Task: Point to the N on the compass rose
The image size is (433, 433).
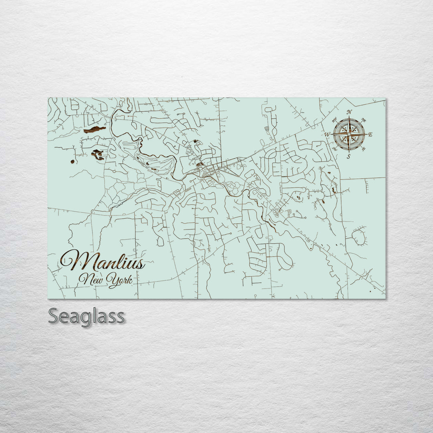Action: coord(349,112)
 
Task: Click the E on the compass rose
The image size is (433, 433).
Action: coord(370,135)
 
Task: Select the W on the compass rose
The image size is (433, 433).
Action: coord(328,134)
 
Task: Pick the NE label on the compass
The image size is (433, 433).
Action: coord(364,119)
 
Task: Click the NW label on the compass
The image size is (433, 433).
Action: coord(334,119)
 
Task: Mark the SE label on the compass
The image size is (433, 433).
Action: coord(364,149)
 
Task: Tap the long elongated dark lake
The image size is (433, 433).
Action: coord(95,129)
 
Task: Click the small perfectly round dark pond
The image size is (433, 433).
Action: coord(72,161)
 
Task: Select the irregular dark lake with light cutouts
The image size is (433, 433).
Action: coord(98,154)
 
